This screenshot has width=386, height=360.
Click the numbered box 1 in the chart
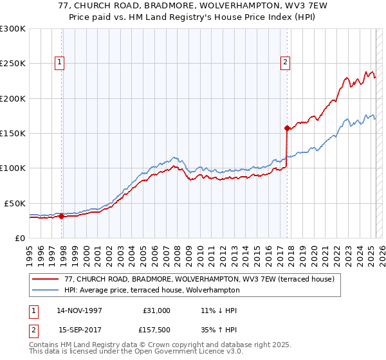click(x=59, y=62)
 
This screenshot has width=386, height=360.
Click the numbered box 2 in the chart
click(x=285, y=62)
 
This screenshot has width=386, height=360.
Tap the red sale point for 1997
click(x=62, y=216)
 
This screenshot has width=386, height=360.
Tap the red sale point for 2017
click(x=287, y=128)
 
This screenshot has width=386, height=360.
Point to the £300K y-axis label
click(x=13, y=29)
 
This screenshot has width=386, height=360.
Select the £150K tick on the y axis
click(x=13, y=133)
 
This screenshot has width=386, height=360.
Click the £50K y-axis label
click(x=15, y=203)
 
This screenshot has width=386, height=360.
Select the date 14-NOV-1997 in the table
click(x=80, y=310)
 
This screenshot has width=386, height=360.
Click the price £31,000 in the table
click(x=157, y=310)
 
